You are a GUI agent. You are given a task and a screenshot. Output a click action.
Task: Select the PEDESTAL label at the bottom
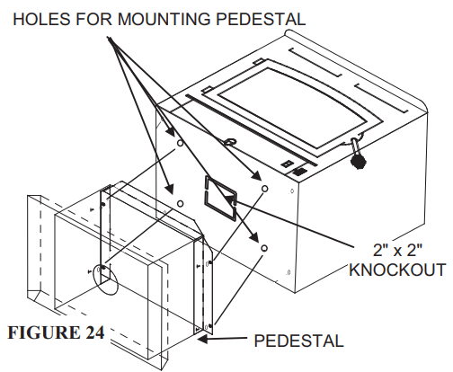pyautogui.click(x=299, y=341)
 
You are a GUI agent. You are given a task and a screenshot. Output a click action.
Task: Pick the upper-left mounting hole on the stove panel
pyautogui.click(x=179, y=143)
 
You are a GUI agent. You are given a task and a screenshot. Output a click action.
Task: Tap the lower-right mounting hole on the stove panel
pyautogui.click(x=264, y=246)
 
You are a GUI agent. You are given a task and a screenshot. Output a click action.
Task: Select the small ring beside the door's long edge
pyautogui.click(x=229, y=141)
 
